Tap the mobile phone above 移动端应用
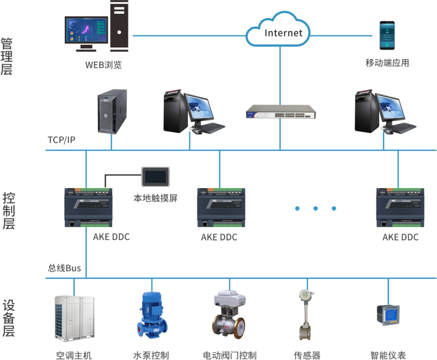tap(387, 36)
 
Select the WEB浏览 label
tap(104, 65)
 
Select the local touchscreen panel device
tap(156, 176)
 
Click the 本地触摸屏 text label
tap(155, 199)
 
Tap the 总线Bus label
tap(64, 268)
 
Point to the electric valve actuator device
tap(230, 315)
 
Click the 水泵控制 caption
tap(151, 355)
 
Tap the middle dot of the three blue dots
tap(316, 208)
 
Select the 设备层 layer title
tap(8, 318)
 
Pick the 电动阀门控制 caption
tap(230, 355)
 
